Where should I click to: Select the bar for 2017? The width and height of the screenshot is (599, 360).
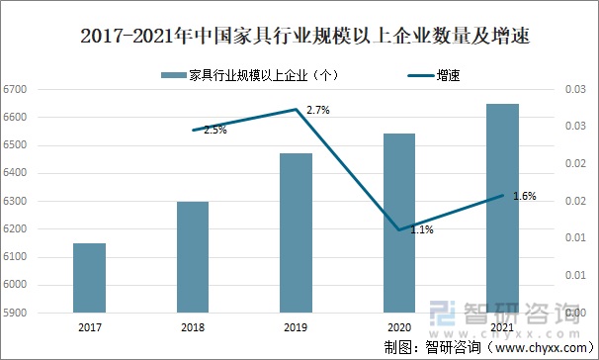[x=89, y=278]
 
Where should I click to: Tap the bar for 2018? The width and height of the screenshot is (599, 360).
[x=193, y=257]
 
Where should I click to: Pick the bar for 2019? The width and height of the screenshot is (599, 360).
[x=296, y=233]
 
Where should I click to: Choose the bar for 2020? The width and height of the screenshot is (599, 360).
[x=399, y=224]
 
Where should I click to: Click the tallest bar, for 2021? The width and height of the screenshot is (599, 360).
[x=502, y=209]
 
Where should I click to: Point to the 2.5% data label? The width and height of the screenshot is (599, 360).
[x=214, y=130]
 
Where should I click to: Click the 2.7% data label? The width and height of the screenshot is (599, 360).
[x=318, y=110]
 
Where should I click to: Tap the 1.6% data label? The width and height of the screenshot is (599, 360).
[x=525, y=196]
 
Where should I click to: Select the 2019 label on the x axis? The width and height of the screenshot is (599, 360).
[x=296, y=327]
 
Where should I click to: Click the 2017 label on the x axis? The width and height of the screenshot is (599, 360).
[x=89, y=327]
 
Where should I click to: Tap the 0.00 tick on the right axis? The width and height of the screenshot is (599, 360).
[x=573, y=314]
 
